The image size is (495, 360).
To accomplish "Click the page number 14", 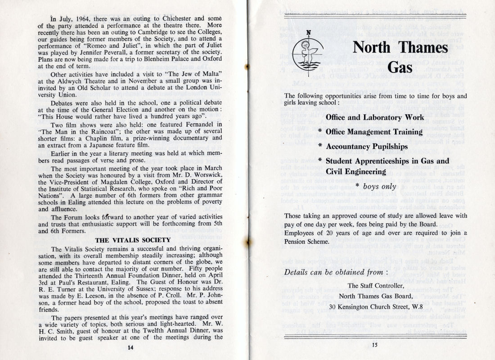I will pos(130,347).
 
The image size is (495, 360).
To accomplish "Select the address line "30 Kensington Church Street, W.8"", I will pos(375,306).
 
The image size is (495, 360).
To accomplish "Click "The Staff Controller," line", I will pos(375,285).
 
